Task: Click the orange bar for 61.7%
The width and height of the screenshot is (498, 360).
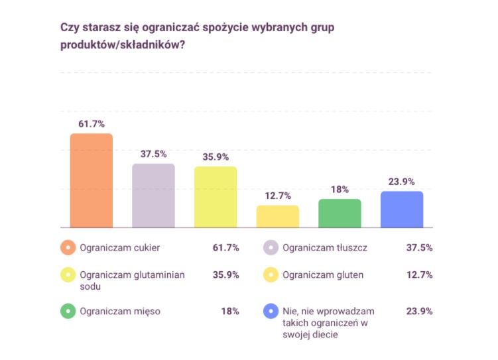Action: (x=92, y=180)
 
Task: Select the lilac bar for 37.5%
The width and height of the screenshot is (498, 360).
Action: (x=153, y=196)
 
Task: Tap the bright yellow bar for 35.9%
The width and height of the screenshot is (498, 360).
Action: (x=216, y=197)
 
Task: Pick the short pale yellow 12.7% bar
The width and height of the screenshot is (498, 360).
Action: (x=278, y=217)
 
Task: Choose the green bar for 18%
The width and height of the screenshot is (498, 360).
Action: (x=340, y=213)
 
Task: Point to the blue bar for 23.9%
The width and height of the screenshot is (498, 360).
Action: (x=402, y=210)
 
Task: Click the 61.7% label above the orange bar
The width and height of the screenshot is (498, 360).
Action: (x=92, y=124)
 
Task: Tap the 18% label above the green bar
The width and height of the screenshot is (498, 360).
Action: (x=340, y=190)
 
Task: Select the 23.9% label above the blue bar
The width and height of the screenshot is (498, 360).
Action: (x=402, y=182)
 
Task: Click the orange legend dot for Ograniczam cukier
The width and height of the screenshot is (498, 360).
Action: (x=68, y=248)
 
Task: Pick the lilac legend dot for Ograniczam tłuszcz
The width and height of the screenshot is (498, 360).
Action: (x=271, y=248)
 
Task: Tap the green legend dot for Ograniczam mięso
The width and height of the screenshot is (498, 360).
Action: (x=68, y=312)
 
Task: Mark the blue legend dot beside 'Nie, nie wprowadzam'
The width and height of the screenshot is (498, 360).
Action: (x=271, y=312)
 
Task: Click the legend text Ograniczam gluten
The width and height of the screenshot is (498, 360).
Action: (x=323, y=275)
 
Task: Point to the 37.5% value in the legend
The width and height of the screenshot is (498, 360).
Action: (x=419, y=248)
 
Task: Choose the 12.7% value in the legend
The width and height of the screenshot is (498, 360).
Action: (x=419, y=275)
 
